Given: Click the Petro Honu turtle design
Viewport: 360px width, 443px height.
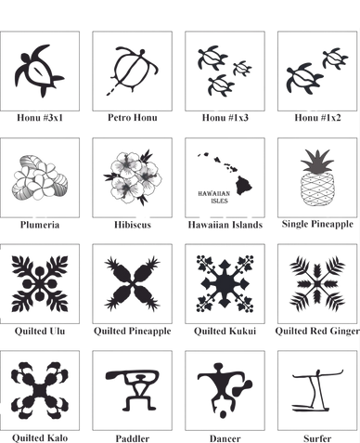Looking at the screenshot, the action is (133, 71).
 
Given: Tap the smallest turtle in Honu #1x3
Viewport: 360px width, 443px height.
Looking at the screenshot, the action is (242, 69).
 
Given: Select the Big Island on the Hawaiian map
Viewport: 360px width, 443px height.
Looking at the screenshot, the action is (244, 185).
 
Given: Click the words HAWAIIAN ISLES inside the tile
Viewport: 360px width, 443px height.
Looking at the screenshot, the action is (214, 197).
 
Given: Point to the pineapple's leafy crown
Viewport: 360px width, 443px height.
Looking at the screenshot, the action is (317, 161).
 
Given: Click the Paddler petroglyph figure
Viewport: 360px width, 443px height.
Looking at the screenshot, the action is (133, 389).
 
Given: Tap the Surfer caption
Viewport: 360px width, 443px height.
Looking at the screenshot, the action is (317, 438).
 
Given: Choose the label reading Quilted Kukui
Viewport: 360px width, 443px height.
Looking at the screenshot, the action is (225, 331).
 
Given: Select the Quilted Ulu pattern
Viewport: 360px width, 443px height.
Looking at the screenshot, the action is (40, 283).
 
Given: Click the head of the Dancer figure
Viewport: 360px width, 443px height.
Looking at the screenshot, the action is (218, 367).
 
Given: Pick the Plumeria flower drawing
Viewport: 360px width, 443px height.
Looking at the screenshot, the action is (40, 177).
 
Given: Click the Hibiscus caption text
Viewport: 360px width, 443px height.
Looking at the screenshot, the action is (133, 225).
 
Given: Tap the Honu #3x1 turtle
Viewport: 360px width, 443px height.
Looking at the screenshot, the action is (39, 71).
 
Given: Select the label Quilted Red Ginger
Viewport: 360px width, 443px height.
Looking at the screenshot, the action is (317, 331).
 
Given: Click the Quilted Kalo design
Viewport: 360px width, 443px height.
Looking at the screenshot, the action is (40, 390).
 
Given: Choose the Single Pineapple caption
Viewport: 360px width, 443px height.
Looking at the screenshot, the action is (317, 224).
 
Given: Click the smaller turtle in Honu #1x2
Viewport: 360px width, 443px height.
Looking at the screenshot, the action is (335, 59).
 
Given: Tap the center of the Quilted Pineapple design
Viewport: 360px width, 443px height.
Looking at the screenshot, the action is (133, 283).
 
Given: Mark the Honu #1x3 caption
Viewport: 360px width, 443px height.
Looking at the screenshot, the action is (225, 118).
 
